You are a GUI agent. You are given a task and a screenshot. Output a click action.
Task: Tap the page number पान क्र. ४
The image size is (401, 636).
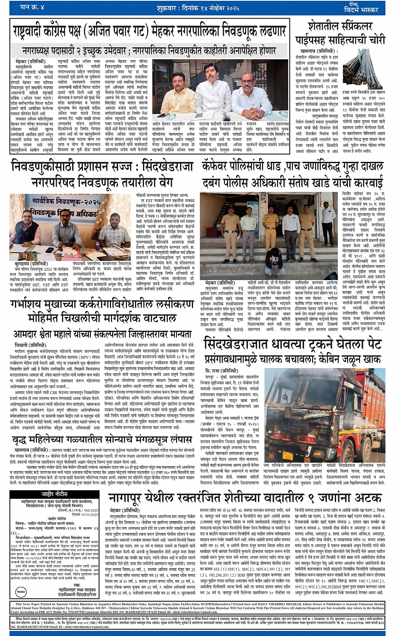(x=32, y=7)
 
